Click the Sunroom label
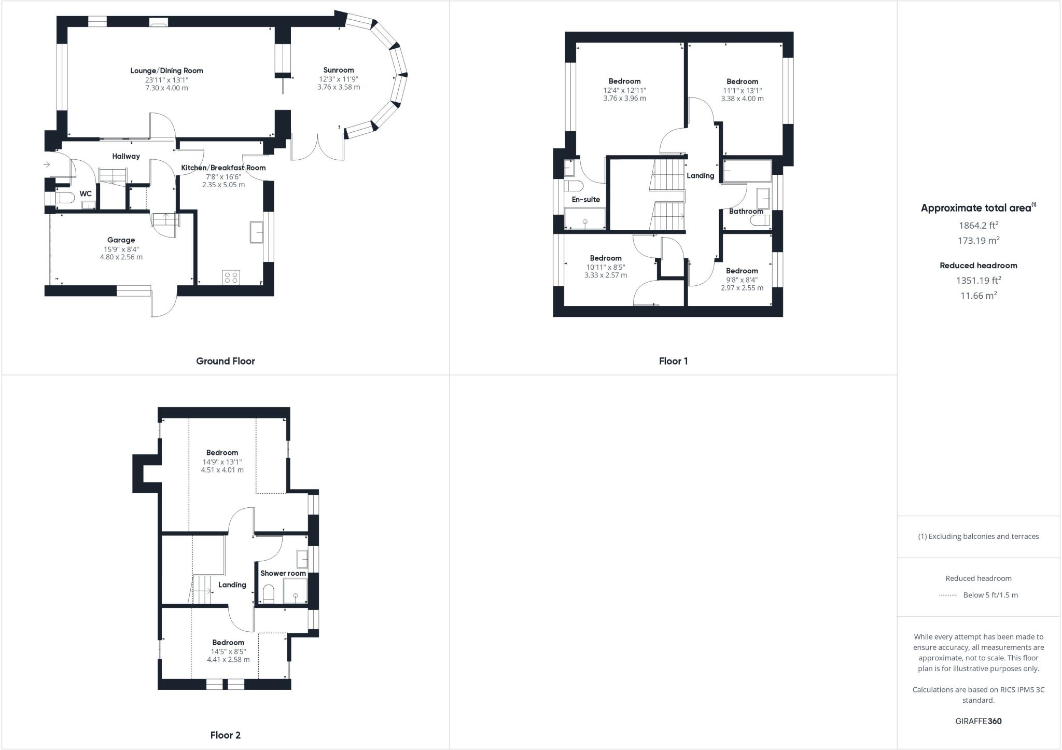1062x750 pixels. coord(338,70)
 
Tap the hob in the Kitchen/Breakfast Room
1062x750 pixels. coord(231,277)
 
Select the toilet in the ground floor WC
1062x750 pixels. coord(63,198)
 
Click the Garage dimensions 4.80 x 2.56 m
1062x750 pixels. coord(121,257)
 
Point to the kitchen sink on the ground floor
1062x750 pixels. coord(256,232)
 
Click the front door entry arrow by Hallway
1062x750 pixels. coord(47,165)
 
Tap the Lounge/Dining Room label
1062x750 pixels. coord(166,71)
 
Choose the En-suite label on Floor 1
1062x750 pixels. coord(585,200)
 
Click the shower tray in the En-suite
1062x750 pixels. coord(585,218)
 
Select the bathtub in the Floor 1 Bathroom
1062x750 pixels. coord(747,171)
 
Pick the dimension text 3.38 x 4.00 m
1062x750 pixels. coord(742,99)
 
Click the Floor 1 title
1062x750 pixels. coord(673,361)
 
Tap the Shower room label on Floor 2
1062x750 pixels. coord(283,573)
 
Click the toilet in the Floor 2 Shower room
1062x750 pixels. coord(268,594)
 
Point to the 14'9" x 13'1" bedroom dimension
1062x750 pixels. coord(222,462)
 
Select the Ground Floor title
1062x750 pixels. coord(225,361)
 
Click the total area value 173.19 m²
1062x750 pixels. coord(978,241)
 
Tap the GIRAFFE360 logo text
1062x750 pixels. coord(978,721)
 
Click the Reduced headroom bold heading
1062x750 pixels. coord(978,266)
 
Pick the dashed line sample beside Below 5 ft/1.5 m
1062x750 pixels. coord(947,595)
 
